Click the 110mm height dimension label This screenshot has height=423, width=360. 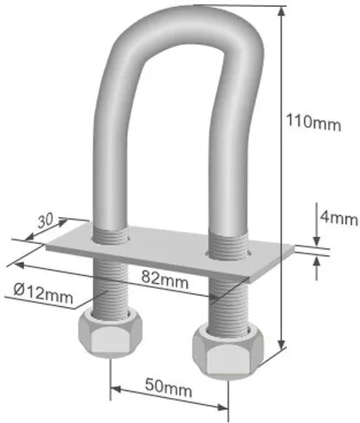pyautogui.click(x=313, y=123)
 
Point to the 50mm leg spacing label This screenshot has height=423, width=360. pyautogui.click(x=170, y=390)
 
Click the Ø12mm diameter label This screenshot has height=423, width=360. pyautogui.click(x=43, y=295)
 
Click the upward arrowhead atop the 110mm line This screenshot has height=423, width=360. pyautogui.click(x=284, y=10)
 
